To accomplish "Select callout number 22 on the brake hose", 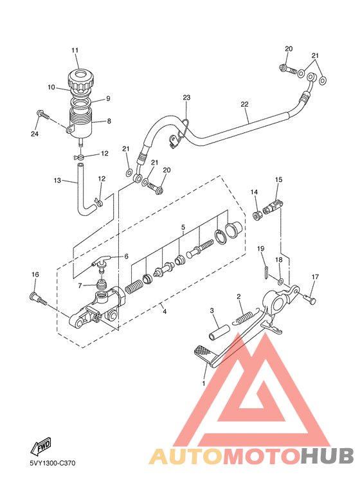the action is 244,104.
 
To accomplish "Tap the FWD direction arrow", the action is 40,446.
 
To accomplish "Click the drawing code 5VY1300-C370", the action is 53,464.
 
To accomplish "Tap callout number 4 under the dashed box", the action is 164,312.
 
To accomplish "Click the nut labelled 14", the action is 257,215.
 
